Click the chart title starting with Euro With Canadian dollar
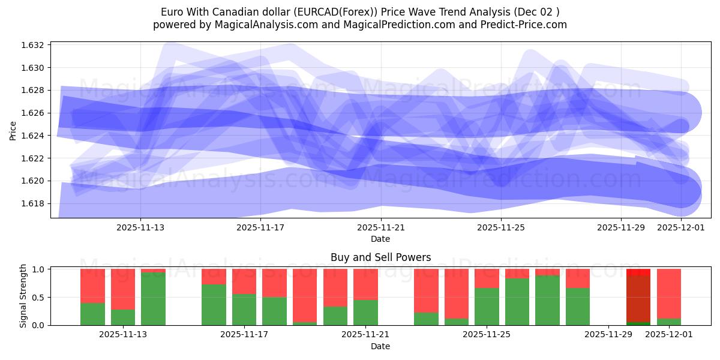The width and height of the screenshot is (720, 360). tap(360, 12)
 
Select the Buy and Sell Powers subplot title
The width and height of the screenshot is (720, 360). tap(380, 257)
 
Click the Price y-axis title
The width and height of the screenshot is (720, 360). tap(13, 130)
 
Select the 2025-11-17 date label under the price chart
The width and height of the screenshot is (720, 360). tap(260, 227)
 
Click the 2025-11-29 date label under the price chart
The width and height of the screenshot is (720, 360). tap(620, 227)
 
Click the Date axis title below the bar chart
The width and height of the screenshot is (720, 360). tap(380, 346)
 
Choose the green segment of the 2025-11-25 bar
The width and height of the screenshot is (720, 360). tap(487, 307)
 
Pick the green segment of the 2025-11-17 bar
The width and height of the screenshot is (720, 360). tap(244, 310)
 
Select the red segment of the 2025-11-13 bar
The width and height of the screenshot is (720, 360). tap(123, 289)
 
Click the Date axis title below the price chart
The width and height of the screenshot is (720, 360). tap(380, 239)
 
